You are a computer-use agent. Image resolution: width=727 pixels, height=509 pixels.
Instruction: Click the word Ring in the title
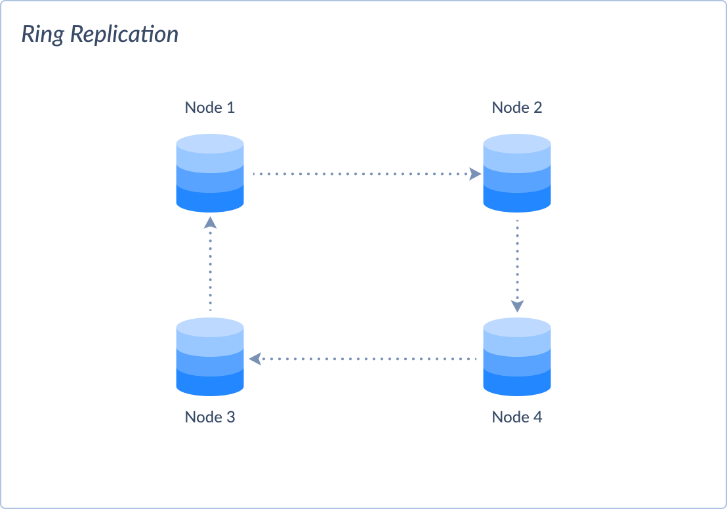(43, 35)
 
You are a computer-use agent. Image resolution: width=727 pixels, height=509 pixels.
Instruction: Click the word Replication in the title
(123, 35)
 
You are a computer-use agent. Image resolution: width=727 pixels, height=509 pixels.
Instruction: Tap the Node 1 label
(209, 108)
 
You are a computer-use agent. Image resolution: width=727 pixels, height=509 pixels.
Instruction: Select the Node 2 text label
(517, 108)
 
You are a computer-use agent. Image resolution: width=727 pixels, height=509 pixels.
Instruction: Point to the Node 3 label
(209, 417)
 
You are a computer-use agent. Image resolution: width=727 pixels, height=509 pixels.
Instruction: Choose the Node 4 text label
(517, 417)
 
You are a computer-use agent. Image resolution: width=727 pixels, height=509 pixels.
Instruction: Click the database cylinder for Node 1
(210, 173)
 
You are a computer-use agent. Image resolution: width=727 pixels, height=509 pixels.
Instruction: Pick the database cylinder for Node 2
(517, 173)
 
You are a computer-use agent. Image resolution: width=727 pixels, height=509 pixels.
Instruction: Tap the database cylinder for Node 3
(210, 357)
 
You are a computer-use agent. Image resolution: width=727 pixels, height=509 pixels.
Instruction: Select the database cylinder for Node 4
(517, 357)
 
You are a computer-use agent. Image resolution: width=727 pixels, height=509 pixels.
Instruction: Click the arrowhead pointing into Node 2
(475, 174)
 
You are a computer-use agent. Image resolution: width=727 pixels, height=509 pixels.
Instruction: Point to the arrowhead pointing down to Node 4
(518, 305)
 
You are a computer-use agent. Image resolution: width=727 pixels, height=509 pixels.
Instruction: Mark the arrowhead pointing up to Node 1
(210, 222)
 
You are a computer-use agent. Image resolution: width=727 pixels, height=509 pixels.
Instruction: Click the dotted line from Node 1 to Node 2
(361, 174)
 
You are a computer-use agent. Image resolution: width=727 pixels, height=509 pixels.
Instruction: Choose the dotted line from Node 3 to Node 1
(210, 269)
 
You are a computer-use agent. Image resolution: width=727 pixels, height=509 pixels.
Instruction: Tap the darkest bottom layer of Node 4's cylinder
(517, 386)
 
